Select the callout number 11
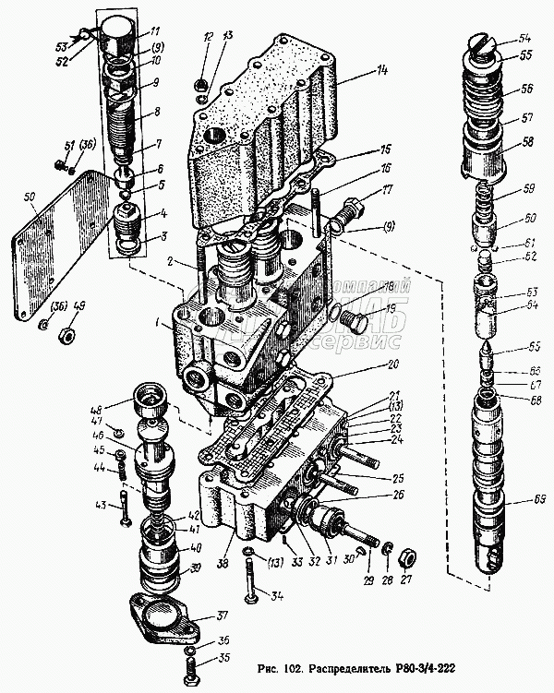(155, 30)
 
